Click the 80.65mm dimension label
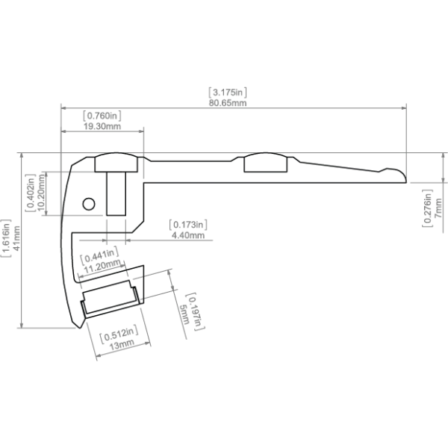[228, 103]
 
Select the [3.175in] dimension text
[228, 93]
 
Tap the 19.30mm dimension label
[102, 126]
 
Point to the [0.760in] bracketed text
[102, 116]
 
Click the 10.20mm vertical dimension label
[41, 192]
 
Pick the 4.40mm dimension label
[188, 235]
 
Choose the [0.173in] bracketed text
[188, 225]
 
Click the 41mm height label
[17, 238]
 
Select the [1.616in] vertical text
[6, 238]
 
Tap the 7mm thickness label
[438, 208]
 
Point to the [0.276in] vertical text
[427, 208]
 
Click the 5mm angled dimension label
[184, 314]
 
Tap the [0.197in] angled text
[195, 311]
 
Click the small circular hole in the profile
[89, 204]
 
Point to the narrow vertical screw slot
[116, 193]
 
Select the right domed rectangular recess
[265, 162]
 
